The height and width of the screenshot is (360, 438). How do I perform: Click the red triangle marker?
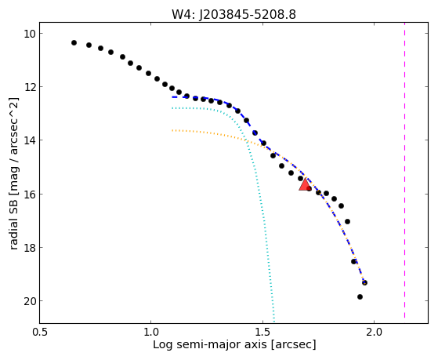(305, 184)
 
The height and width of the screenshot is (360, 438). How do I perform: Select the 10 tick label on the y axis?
(30, 34)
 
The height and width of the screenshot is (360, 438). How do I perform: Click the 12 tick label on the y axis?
(30, 87)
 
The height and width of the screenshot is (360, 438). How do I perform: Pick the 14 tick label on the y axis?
(30, 140)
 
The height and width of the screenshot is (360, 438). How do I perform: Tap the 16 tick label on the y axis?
(30, 194)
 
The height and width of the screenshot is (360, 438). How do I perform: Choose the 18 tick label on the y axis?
(30, 247)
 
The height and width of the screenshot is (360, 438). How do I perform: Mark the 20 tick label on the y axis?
(30, 300)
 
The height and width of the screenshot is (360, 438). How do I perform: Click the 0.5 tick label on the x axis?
(40, 332)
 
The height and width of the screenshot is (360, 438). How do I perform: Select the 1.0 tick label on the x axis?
(151, 332)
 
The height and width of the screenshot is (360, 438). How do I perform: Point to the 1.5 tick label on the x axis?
(262, 332)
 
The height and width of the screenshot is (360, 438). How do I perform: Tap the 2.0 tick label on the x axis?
(374, 332)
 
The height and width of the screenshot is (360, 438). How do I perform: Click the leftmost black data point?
(74, 43)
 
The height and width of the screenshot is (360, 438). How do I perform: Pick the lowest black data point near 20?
(360, 296)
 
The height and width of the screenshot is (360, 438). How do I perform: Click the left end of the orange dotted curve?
(172, 130)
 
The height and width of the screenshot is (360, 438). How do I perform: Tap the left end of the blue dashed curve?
(172, 97)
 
